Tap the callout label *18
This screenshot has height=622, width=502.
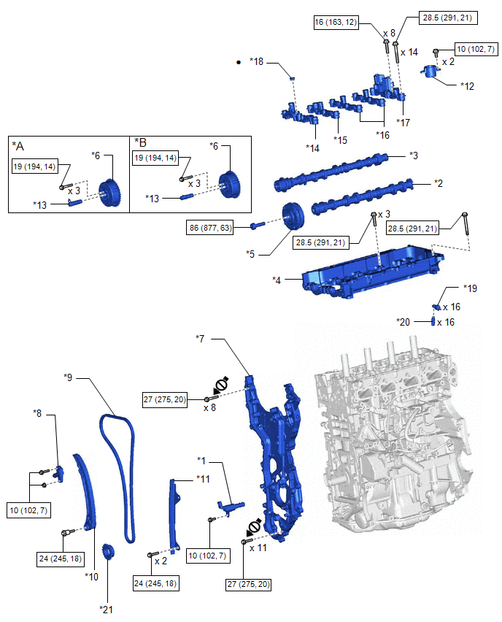(x=257, y=63)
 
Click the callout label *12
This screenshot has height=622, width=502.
(x=468, y=85)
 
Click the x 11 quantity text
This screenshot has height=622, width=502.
(x=258, y=546)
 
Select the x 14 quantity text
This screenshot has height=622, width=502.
(x=410, y=53)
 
